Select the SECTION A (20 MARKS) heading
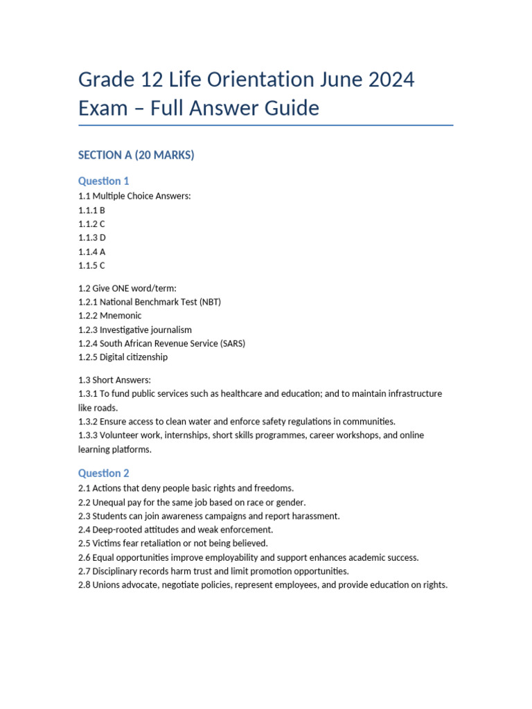click(x=136, y=155)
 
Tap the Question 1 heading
click(x=104, y=181)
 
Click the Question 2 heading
click(x=104, y=474)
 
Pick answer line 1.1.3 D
click(x=92, y=237)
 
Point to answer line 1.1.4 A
click(x=92, y=251)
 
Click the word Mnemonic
click(x=121, y=316)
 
